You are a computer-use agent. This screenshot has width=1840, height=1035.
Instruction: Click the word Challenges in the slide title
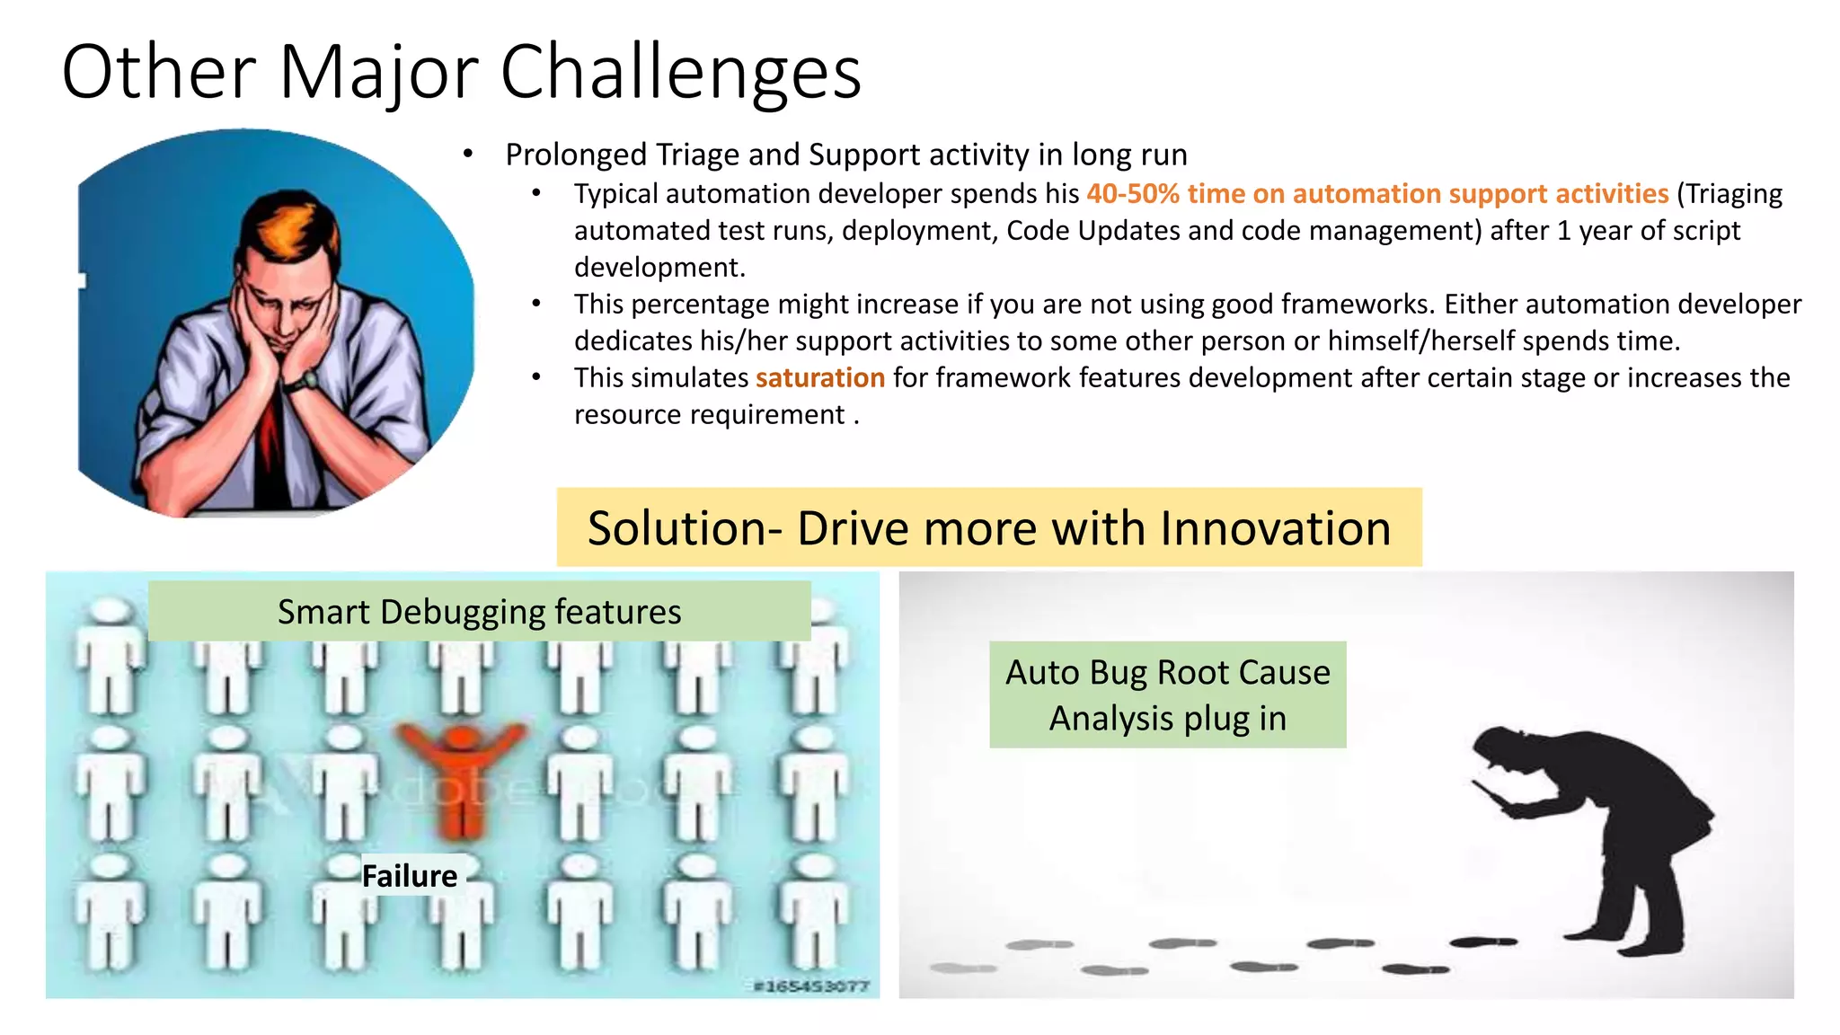(680, 72)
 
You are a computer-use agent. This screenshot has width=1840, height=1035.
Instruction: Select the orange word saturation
(819, 378)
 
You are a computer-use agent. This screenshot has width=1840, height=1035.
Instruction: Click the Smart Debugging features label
(479, 612)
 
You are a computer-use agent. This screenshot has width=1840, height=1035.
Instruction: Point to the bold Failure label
(409, 876)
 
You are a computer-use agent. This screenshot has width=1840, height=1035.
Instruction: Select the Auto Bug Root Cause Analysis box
(1167, 694)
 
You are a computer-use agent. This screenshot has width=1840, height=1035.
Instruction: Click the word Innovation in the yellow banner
(1275, 528)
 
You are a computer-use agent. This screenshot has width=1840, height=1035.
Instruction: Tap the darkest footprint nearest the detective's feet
(1482, 942)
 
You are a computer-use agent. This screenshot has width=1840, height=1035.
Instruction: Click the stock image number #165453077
(810, 986)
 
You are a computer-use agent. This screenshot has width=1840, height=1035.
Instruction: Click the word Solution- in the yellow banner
(685, 528)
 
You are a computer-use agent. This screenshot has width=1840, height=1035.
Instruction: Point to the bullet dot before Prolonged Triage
(467, 155)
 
